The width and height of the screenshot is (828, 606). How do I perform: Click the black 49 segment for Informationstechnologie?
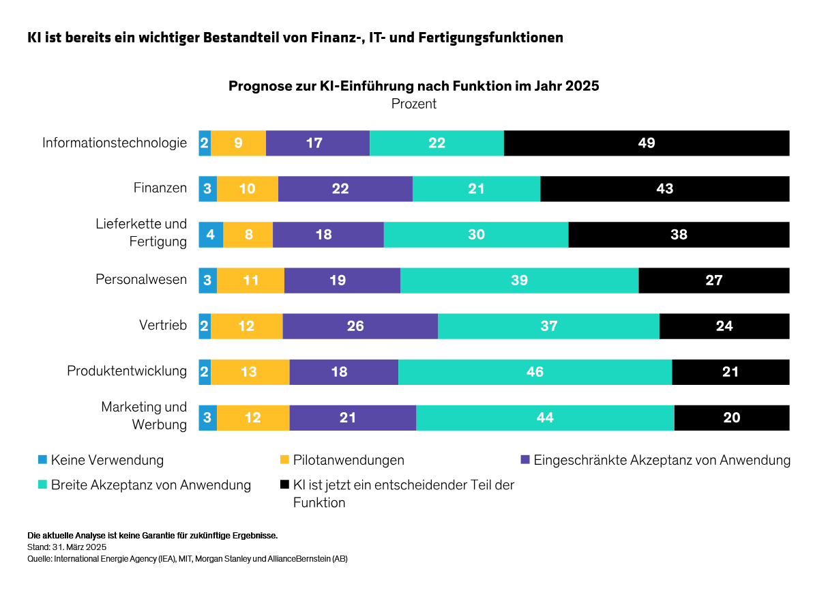click(647, 143)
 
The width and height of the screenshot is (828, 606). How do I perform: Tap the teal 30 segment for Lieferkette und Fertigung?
click(476, 235)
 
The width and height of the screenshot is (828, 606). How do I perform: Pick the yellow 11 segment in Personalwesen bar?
click(250, 280)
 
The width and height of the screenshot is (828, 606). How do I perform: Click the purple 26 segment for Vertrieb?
click(360, 326)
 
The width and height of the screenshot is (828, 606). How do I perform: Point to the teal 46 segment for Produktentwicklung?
click(535, 372)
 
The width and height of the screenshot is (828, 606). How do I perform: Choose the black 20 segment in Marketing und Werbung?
click(731, 418)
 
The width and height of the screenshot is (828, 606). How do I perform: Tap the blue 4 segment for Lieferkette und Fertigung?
click(211, 235)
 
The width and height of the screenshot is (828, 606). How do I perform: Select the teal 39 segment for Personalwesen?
click(519, 280)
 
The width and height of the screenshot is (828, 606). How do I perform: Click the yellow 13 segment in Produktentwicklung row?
click(250, 372)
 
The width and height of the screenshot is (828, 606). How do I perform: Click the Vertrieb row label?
click(163, 326)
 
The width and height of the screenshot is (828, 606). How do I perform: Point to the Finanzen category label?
click(160, 188)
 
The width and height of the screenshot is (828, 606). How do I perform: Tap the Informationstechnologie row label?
click(115, 143)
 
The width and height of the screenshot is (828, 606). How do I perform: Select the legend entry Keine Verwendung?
click(107, 460)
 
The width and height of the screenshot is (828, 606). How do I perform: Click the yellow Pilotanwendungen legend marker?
click(284, 459)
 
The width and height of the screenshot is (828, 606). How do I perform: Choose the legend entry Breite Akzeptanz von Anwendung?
click(151, 485)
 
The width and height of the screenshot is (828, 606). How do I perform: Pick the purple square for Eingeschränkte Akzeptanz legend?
click(525, 459)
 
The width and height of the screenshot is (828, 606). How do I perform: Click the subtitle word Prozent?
click(413, 104)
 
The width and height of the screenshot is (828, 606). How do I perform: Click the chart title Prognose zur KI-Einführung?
click(413, 87)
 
